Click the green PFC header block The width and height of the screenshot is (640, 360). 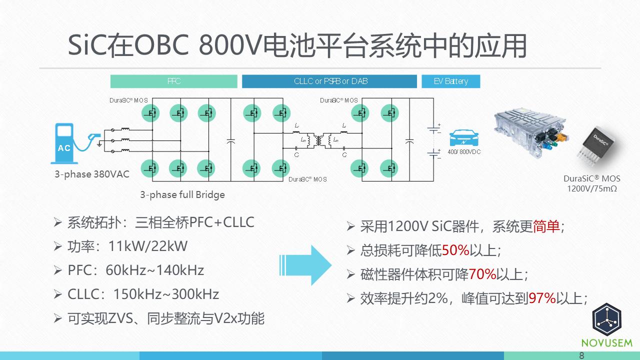coord(173,81)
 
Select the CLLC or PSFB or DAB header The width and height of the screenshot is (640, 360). coord(329,81)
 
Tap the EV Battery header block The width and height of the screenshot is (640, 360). coord(450,81)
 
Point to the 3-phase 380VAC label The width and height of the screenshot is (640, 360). coord(92,174)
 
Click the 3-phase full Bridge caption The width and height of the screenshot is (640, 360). coord(182,195)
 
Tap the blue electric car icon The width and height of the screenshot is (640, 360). coord(463,138)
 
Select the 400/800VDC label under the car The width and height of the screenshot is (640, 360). coord(464,151)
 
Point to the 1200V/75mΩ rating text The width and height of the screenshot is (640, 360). coord(592,188)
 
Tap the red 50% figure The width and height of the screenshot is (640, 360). coord(455,250)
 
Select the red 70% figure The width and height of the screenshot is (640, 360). coord(482,274)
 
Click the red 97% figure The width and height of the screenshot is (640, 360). coord(542,298)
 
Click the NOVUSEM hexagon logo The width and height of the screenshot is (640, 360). coord(606,320)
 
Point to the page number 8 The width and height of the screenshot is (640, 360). coord(581,355)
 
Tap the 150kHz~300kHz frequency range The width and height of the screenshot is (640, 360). coord(166,294)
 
